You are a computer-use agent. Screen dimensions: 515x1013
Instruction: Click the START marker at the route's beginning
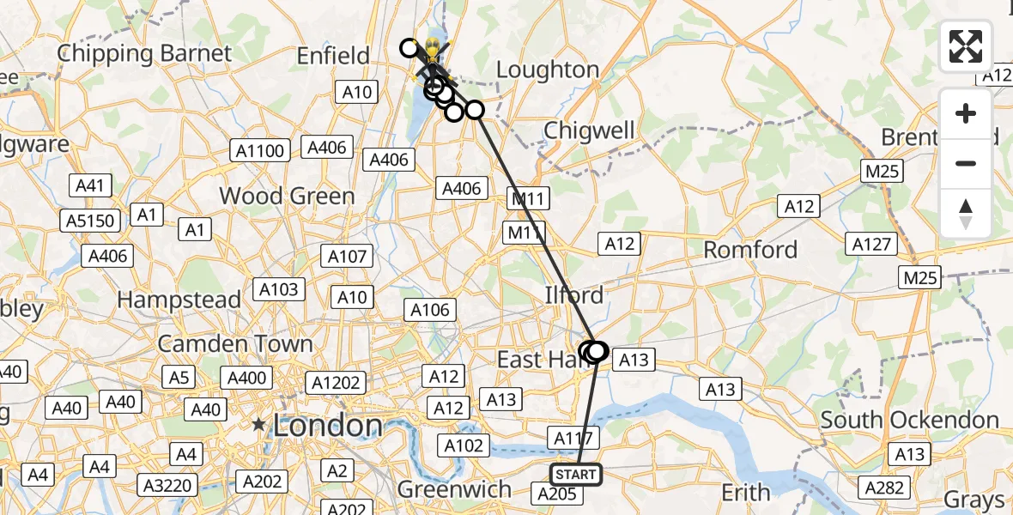576,474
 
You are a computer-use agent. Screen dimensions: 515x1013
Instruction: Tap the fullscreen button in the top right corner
966,46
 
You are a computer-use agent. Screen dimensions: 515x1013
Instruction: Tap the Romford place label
750,250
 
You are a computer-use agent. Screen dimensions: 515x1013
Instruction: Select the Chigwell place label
590,130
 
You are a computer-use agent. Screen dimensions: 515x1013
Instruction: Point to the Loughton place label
548,70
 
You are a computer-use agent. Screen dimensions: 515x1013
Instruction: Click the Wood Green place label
287,196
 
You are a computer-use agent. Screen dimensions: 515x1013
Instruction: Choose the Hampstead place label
179,300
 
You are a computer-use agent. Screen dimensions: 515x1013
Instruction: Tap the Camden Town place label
234,343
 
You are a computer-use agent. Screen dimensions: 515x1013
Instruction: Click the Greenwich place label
454,489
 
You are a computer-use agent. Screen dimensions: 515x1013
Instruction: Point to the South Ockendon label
909,420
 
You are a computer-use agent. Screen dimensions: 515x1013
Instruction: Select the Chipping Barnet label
144,53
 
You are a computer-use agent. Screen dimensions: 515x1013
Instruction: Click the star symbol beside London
258,425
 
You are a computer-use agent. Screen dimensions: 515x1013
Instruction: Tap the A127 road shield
871,245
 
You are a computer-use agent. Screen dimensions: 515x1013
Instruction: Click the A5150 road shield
90,221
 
